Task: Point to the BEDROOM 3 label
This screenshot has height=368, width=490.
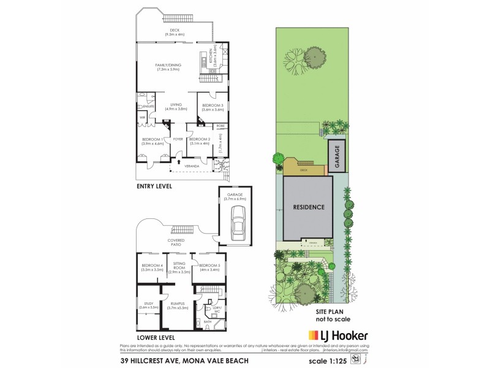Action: [x=213, y=107]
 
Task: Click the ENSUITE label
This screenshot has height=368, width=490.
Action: [x=148, y=106]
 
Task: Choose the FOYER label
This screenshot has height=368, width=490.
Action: [x=178, y=139]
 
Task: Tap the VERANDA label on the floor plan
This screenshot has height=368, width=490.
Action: [x=191, y=165]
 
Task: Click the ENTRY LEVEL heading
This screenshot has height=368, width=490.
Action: [x=154, y=185]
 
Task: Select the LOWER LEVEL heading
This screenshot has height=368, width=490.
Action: [x=156, y=337]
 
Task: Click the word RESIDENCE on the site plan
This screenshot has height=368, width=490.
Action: [x=307, y=207]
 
